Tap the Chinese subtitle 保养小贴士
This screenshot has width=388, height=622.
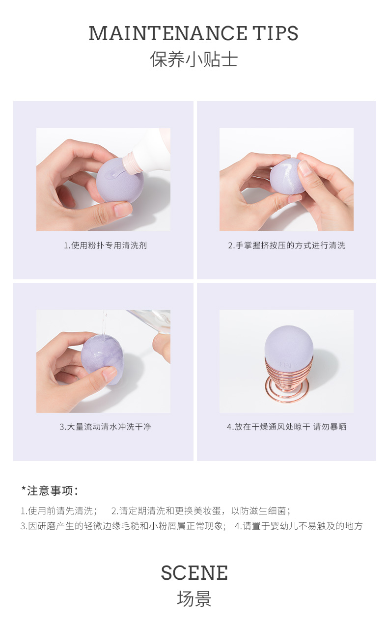(194, 59)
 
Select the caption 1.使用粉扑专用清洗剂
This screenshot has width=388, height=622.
(105, 245)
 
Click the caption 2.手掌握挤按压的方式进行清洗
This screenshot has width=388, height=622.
(286, 245)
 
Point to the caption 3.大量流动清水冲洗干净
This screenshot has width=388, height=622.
(105, 427)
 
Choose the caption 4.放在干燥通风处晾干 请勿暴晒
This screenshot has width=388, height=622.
(286, 427)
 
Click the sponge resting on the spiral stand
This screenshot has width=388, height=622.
(289, 348)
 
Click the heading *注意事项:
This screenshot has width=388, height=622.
(50, 490)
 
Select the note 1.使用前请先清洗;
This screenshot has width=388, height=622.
(59, 511)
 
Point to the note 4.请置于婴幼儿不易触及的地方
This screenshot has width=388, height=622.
(299, 526)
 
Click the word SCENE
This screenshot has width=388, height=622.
(194, 572)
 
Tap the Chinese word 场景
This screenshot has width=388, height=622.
(194, 599)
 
